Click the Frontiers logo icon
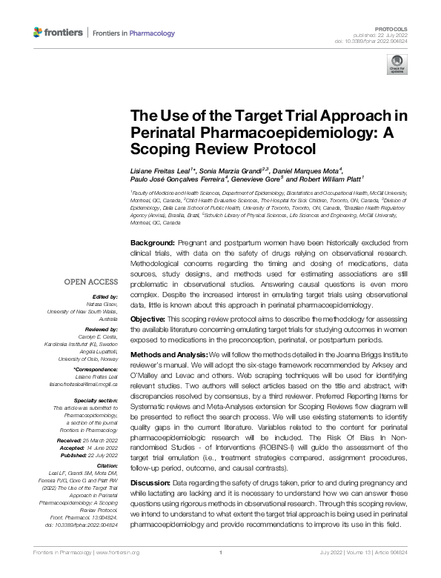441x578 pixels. [39, 33]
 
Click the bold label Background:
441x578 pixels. [152, 243]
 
